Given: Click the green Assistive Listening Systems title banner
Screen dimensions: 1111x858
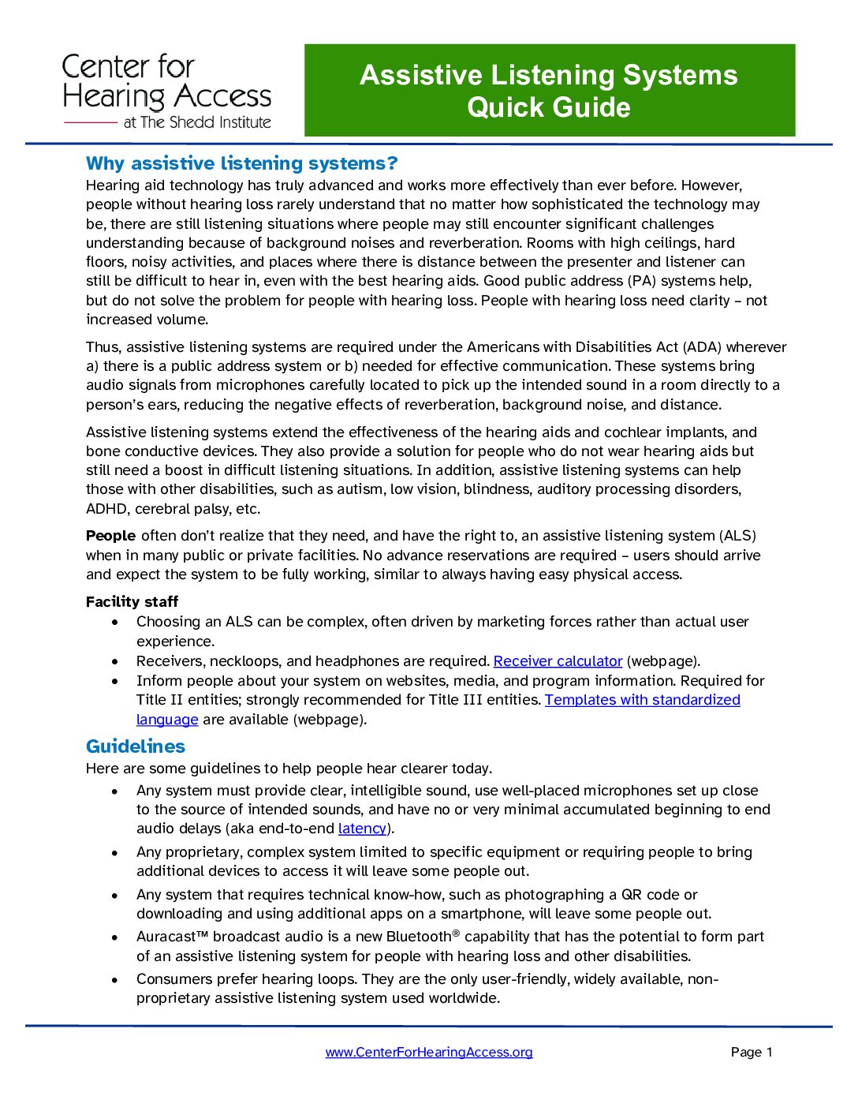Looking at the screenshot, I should point(549,91).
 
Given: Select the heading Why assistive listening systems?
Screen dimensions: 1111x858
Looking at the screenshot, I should point(241,163).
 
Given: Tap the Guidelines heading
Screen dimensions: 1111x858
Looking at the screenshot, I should point(136,746).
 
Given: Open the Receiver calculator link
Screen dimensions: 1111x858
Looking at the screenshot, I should point(558,661).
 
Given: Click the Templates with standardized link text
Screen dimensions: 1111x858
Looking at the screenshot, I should point(642,700).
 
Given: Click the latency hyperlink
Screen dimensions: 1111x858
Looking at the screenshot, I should point(362,829).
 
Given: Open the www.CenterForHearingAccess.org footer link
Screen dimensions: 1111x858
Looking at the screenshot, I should point(428,1052).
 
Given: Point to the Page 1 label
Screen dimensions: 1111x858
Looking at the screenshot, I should point(751,1052).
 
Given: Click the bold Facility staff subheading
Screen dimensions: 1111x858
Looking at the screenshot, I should point(132,602).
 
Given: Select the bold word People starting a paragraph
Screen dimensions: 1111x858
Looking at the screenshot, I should point(110,536).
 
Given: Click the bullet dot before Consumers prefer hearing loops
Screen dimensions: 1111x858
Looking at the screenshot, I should point(115,980).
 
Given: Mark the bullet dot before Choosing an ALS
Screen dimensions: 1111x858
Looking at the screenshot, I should point(115,623).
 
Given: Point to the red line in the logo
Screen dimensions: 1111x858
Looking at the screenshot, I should point(90,123).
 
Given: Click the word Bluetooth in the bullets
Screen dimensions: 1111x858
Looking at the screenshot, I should point(418,937).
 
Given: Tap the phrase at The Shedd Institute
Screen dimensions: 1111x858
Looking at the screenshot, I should point(196,122).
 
